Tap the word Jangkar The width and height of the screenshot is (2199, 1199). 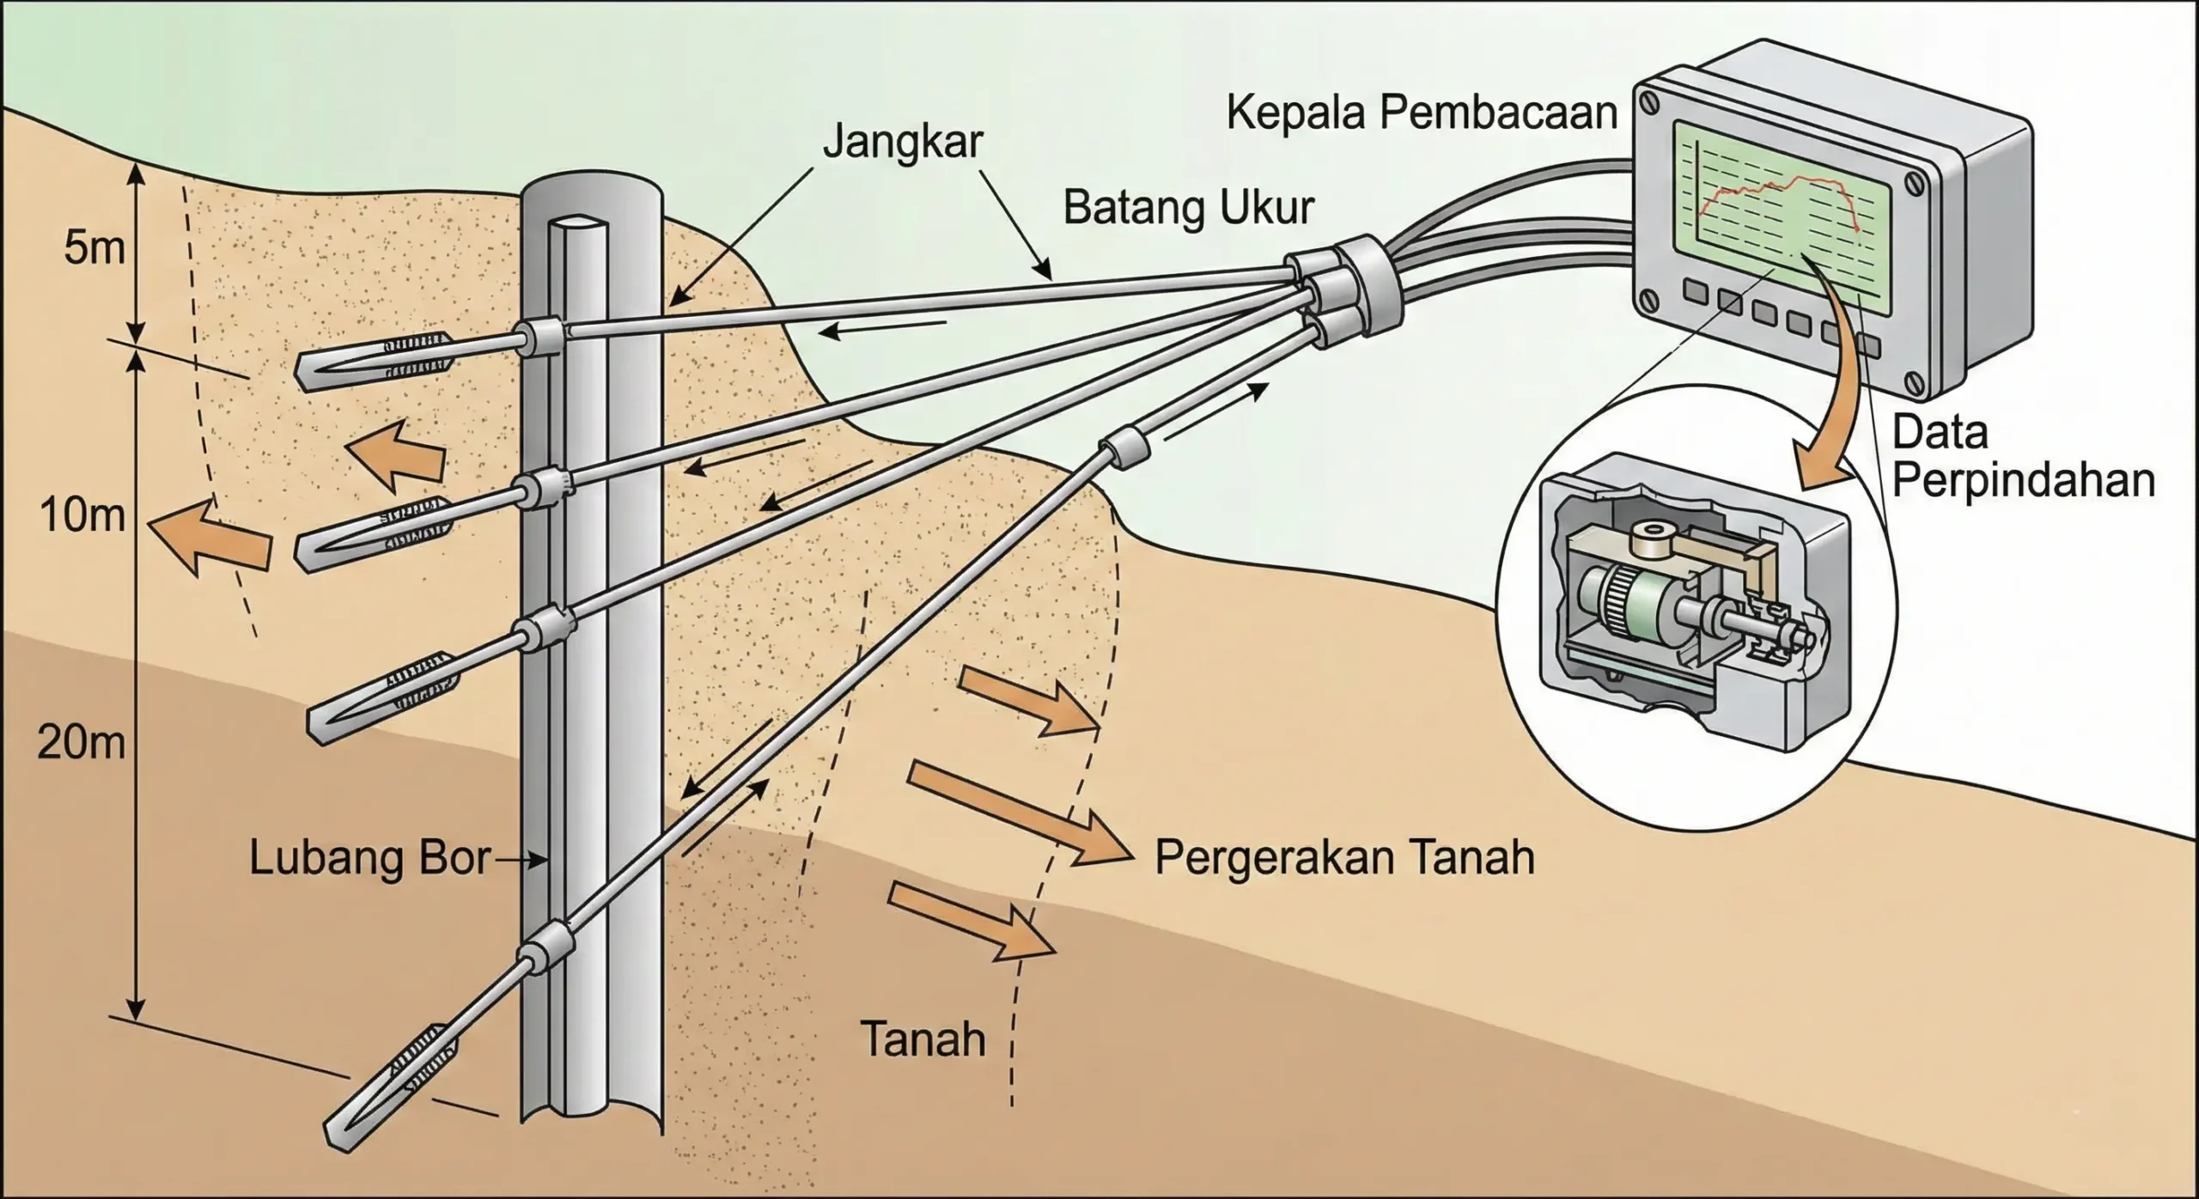902,142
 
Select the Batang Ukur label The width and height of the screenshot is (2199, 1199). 1189,209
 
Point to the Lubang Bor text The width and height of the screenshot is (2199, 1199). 369,858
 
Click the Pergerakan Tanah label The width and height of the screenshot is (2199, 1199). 1344,857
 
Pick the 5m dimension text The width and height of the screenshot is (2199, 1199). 94,249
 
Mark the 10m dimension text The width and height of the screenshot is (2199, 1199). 82,516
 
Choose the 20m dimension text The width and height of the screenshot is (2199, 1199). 81,743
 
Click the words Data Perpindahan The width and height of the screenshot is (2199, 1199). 2023,458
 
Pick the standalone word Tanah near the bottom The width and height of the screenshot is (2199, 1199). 923,1040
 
